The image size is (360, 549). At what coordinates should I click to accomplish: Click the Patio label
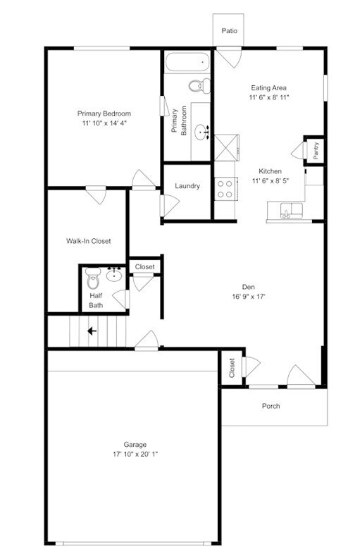(x=229, y=31)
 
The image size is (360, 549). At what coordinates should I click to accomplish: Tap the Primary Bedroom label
(x=104, y=113)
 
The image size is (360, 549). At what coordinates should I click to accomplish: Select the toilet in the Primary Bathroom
(x=198, y=86)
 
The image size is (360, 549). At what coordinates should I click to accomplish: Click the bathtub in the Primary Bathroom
(x=187, y=62)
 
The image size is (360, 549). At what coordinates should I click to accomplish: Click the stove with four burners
(x=224, y=187)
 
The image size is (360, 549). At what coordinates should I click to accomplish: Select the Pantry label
(x=316, y=149)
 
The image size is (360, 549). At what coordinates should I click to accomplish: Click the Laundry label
(x=187, y=186)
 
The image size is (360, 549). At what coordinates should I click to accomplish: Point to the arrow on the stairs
(x=92, y=331)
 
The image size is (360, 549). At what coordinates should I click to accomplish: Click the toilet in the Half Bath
(x=92, y=280)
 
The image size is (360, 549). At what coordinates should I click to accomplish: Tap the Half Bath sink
(x=114, y=275)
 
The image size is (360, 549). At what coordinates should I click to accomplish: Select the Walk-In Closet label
(x=88, y=241)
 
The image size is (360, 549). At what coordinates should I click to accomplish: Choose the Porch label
(x=271, y=406)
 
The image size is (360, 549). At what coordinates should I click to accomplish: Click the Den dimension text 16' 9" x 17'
(x=248, y=296)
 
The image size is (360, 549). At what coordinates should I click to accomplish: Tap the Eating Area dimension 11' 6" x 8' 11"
(x=268, y=97)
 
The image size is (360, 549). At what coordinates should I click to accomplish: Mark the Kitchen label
(x=270, y=171)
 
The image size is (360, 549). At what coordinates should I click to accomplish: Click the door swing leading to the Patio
(x=227, y=57)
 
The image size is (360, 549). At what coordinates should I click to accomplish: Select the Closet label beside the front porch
(x=232, y=369)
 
